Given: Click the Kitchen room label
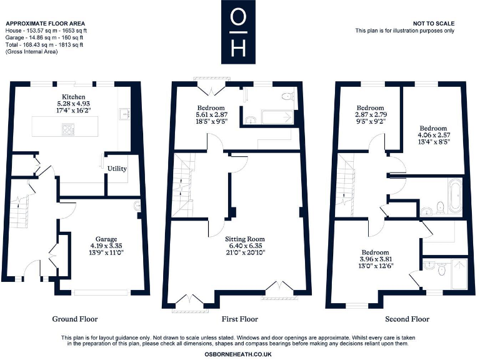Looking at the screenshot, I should pyautogui.click(x=69, y=97).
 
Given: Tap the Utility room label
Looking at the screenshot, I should pyautogui.click(x=117, y=169).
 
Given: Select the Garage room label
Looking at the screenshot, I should pyautogui.click(x=106, y=238).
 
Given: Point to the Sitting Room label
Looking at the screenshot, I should pyautogui.click(x=245, y=239).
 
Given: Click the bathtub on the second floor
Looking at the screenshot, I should pyautogui.click(x=454, y=196).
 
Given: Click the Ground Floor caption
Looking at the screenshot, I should pyautogui.click(x=75, y=319).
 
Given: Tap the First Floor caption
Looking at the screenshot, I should pyautogui.click(x=240, y=319).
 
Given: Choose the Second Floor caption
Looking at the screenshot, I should pyautogui.click(x=407, y=319).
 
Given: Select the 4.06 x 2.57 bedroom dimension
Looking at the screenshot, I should pyautogui.click(x=434, y=134).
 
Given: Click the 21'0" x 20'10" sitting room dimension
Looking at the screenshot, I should pyautogui.click(x=245, y=252).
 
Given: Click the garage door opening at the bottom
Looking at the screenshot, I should pyautogui.click(x=101, y=292).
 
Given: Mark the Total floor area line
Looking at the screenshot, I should pyautogui.click(x=44, y=45).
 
